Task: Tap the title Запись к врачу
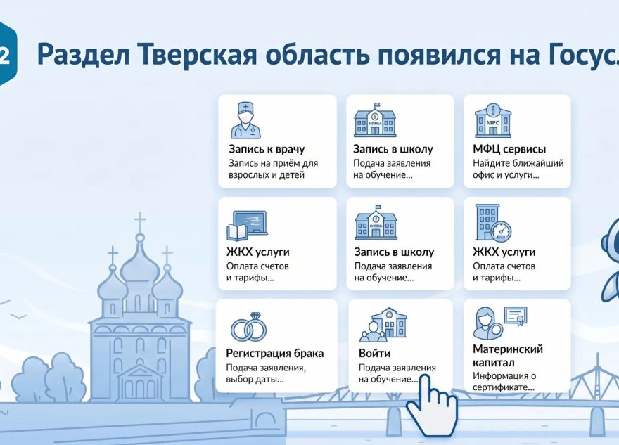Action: click(267, 149)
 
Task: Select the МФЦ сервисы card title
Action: click(510, 149)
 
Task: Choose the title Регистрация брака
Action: click(275, 353)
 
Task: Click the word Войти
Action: click(374, 353)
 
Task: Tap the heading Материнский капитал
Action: click(508, 356)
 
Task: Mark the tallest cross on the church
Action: click(140, 224)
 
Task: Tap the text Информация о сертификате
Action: click(504, 380)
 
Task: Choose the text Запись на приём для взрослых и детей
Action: click(272, 169)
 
